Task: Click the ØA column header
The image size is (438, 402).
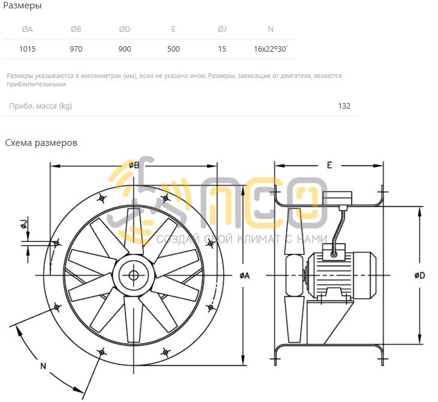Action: point(28,29)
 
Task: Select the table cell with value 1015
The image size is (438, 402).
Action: point(28,49)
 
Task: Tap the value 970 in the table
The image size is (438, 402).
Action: point(76,49)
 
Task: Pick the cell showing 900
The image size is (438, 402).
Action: point(125,49)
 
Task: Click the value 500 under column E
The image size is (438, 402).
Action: point(173,49)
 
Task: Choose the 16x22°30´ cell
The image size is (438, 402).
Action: point(271,49)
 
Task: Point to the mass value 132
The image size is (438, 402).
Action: point(344,106)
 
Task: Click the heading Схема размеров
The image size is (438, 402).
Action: point(41,143)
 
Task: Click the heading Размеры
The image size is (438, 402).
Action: point(22,5)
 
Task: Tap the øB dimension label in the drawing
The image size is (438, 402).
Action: point(134,166)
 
